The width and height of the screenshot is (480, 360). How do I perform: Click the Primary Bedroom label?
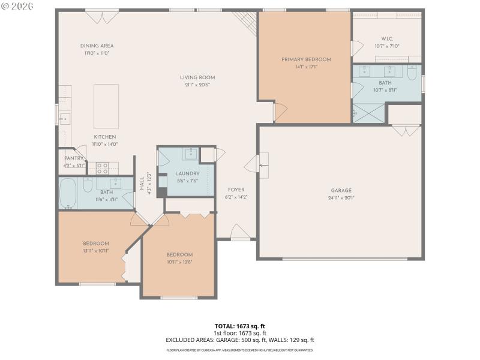coord(306,59)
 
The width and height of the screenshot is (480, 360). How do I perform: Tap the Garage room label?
coord(341,190)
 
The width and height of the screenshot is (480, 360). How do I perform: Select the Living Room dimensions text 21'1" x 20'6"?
coord(197,85)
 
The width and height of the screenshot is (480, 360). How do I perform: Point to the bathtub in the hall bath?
coord(68,193)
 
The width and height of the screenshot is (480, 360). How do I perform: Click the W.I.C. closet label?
coord(386,39)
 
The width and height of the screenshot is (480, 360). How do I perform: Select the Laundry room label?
coord(187,173)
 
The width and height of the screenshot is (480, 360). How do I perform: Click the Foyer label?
coord(236,189)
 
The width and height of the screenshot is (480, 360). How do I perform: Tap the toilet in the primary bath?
coord(411,73)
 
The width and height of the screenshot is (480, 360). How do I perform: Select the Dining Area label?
coord(97,46)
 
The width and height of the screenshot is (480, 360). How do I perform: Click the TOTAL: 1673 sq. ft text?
coord(239,326)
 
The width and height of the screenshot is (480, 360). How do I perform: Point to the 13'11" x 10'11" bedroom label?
coord(96,243)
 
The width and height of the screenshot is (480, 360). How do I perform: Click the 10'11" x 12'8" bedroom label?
coord(179,254)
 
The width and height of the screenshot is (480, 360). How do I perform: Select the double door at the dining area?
coord(101,16)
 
